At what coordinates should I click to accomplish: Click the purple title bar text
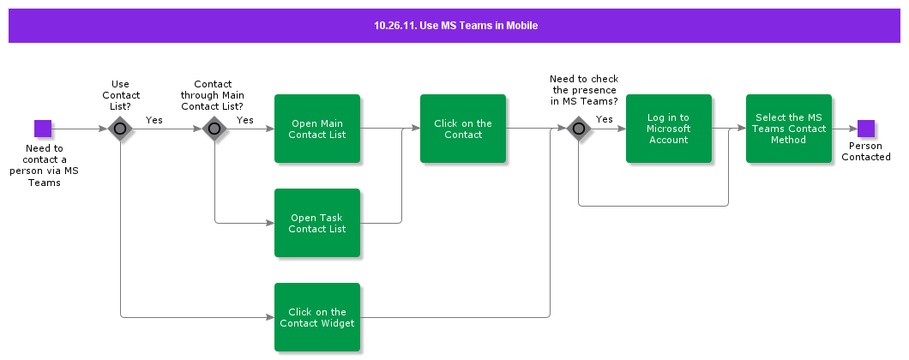pyautogui.click(x=455, y=26)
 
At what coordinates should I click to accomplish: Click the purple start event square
pyautogui.click(x=43, y=129)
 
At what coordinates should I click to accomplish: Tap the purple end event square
pyautogui.click(x=866, y=129)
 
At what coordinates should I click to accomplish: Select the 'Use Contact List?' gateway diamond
pyautogui.click(x=120, y=129)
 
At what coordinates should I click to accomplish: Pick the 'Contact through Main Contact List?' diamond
pyautogui.click(x=214, y=129)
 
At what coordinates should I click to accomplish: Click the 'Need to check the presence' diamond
pyautogui.click(x=578, y=129)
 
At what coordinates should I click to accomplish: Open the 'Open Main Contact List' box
pyautogui.click(x=317, y=129)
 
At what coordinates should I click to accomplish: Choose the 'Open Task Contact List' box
pyautogui.click(x=317, y=223)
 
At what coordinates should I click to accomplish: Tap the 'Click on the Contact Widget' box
pyautogui.click(x=317, y=317)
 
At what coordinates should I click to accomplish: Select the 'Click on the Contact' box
pyautogui.click(x=463, y=129)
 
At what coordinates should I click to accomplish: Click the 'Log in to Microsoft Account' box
pyautogui.click(x=669, y=129)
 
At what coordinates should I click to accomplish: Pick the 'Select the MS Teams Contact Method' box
pyautogui.click(x=789, y=129)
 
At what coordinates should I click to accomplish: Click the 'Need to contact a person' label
pyautogui.click(x=45, y=165)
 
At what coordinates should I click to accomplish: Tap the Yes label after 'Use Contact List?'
pyautogui.click(x=154, y=120)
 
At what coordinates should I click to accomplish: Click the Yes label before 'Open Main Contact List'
pyautogui.click(x=245, y=120)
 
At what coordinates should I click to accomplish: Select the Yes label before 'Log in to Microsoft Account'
pyautogui.click(x=605, y=119)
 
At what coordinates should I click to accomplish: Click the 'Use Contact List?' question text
pyautogui.click(x=121, y=95)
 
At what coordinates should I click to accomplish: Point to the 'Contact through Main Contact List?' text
pyautogui.click(x=213, y=95)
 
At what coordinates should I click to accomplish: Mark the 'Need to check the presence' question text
pyautogui.click(x=584, y=90)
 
